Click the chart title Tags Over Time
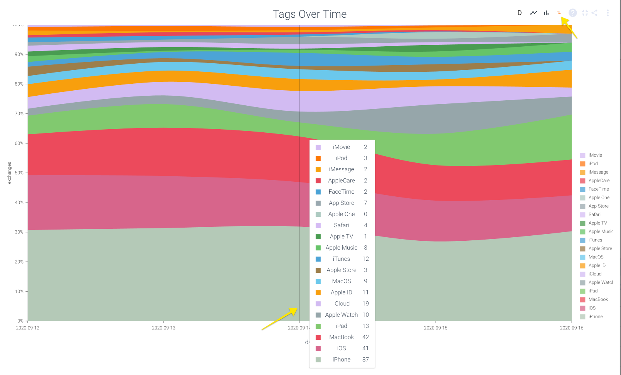click(310, 14)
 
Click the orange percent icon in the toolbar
click(559, 13)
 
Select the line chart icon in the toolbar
click(533, 13)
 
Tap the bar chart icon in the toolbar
click(546, 13)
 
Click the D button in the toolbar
click(520, 13)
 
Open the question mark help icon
click(573, 13)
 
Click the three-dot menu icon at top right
click(608, 13)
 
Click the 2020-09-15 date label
click(436, 328)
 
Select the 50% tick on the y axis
click(19, 173)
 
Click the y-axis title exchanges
click(9, 173)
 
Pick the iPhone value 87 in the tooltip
click(365, 360)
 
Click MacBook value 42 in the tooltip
click(365, 337)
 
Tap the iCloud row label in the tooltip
click(342, 304)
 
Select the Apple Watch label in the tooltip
click(342, 315)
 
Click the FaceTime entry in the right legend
click(599, 189)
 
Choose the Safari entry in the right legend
click(594, 215)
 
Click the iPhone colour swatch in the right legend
click(583, 317)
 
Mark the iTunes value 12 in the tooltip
click(365, 259)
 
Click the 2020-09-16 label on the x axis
click(571, 328)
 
